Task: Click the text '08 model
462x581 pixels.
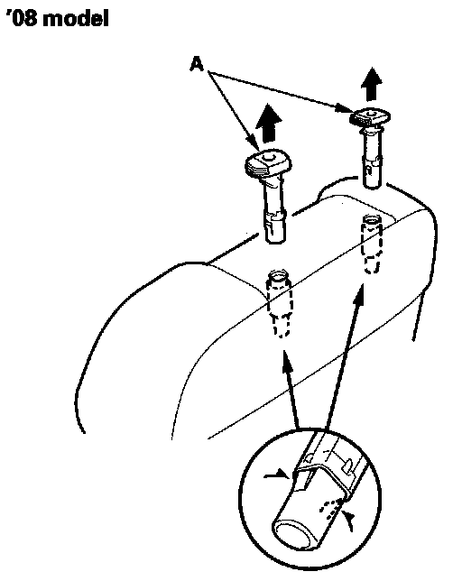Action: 58,18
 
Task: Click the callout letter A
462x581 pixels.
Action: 197,64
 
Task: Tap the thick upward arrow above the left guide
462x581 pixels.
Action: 269,123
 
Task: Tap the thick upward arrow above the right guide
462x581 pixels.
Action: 372,84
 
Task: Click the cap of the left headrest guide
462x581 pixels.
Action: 268,162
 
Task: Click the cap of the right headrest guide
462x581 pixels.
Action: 369,116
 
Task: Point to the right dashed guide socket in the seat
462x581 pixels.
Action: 371,244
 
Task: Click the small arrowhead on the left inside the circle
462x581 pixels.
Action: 277,475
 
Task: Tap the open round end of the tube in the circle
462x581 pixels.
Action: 295,537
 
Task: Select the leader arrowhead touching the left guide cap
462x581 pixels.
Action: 253,143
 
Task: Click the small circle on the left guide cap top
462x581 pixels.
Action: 268,157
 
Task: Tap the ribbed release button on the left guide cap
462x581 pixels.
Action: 256,169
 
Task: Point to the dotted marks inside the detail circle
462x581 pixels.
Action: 331,506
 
